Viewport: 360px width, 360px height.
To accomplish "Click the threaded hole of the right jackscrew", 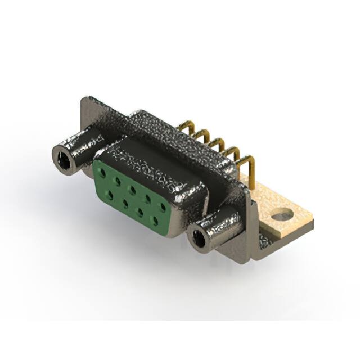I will tap(198, 238).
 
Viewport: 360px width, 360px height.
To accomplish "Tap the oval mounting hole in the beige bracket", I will tap(282, 214).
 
